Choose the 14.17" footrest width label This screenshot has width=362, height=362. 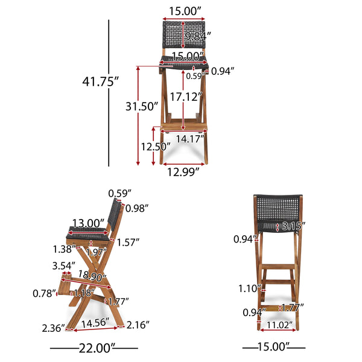click(x=189, y=138)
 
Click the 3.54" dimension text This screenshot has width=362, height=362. click(x=64, y=265)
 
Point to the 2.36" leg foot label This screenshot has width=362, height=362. click(x=52, y=328)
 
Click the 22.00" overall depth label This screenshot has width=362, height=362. click(x=94, y=348)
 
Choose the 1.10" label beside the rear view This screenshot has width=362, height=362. click(x=249, y=288)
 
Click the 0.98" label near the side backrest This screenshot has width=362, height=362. click(x=138, y=208)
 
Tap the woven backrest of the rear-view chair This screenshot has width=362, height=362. click(x=278, y=208)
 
